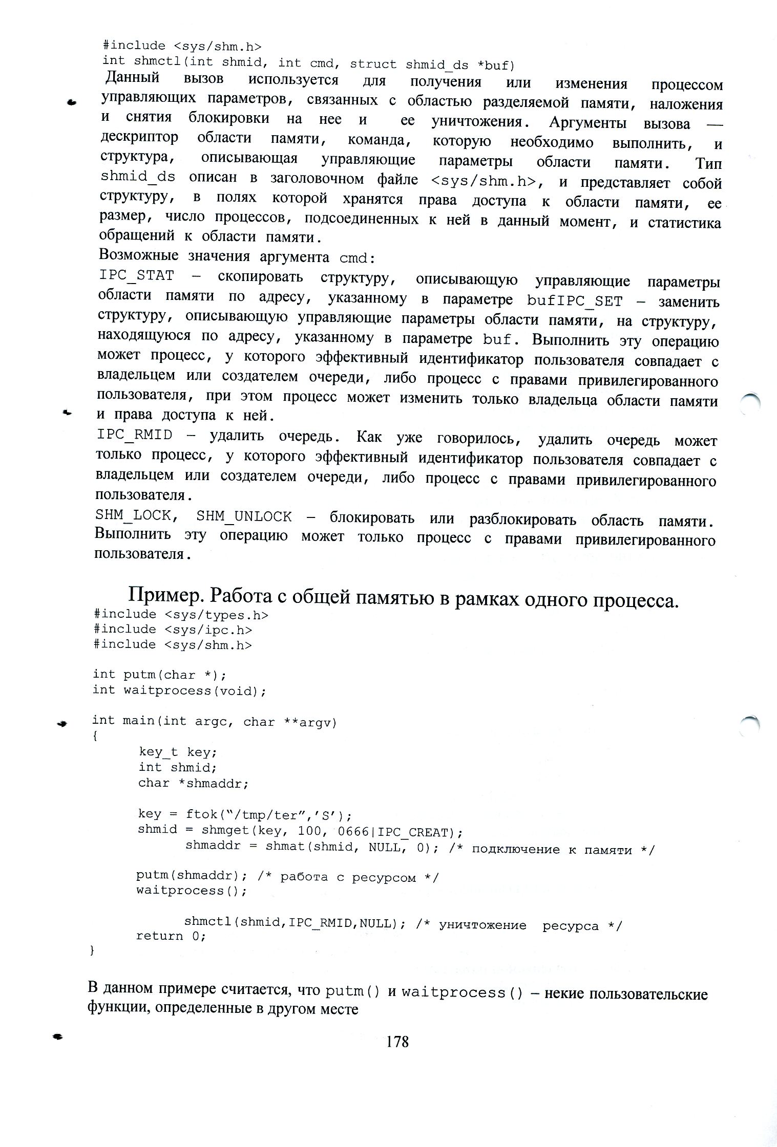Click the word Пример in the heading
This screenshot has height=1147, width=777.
click(164, 595)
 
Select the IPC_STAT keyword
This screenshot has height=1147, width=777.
click(136, 275)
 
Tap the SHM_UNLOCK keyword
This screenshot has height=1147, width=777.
click(244, 516)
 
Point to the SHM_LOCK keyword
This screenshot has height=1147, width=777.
click(135, 515)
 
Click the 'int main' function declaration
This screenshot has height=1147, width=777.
click(214, 721)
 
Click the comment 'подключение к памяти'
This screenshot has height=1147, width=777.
click(551, 850)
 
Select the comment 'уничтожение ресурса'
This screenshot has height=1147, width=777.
click(518, 925)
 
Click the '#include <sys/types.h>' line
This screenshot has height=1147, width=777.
click(181, 614)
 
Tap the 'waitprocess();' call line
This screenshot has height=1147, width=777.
click(191, 891)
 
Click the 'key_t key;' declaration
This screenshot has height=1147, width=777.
click(178, 752)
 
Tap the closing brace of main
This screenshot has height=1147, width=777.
click(92, 950)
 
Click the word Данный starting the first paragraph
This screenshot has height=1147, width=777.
click(133, 78)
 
